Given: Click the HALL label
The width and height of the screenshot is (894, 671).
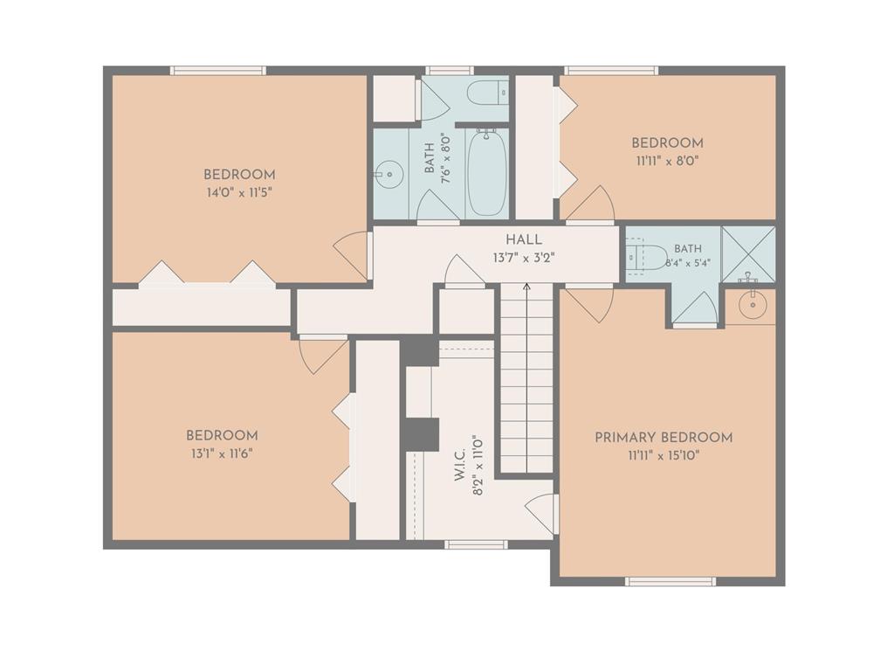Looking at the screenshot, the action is point(524,239).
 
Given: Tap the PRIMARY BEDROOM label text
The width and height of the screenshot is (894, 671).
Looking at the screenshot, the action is point(664,438).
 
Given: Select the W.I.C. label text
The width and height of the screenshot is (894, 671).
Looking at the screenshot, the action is point(461,464).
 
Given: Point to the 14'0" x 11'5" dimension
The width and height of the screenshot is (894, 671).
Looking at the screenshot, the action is point(239,193).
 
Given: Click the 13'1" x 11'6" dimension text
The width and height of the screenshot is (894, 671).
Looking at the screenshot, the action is point(222,453).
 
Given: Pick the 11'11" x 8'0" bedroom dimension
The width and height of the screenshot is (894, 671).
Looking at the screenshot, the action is point(667,161).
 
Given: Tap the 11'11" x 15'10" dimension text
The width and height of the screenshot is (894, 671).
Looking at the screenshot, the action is point(664,456).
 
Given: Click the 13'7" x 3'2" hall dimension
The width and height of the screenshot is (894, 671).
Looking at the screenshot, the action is point(524,258).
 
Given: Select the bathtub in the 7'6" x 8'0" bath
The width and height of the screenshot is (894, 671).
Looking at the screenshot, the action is point(486,172).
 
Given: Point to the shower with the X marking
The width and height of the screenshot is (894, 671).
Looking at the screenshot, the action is point(748,254).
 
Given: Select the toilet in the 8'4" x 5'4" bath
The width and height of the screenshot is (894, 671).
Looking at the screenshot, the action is point(647,258).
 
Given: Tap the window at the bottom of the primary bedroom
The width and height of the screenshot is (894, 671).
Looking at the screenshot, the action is point(670,581).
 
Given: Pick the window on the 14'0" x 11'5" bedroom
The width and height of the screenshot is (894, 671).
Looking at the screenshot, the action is point(218,70).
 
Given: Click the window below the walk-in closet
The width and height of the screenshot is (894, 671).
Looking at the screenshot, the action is point(476,544).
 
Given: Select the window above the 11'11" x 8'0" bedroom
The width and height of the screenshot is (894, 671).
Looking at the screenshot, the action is point(611,70).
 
